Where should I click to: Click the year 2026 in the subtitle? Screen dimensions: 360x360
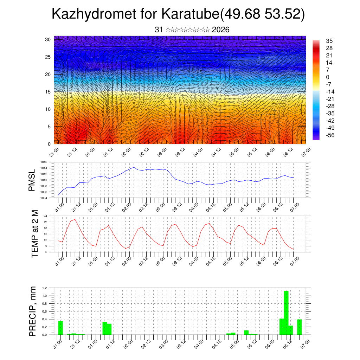coord(221,30)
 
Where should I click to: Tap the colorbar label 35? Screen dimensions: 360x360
coord(329,41)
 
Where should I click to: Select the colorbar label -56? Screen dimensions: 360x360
coord(330,135)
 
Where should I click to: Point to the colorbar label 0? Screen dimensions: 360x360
coord(328,77)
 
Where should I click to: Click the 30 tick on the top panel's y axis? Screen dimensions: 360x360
coord(48,39)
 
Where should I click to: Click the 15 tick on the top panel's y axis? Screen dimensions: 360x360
coord(48,92)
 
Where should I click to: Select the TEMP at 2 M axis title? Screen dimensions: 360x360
coord(34,233)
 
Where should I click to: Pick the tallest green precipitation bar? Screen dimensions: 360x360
coord(286,313)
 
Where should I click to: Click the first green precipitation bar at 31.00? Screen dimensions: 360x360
coord(60,328)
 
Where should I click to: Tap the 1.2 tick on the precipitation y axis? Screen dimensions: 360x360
coord(45,288)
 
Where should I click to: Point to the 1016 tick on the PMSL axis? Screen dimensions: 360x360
coord(44,162)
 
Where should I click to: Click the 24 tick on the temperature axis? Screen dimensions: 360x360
coord(45,216)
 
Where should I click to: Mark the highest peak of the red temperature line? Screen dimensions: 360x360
coord(75,219)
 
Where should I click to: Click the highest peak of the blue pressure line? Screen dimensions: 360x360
coord(134,167)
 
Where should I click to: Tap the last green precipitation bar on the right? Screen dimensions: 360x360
coord(300,327)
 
